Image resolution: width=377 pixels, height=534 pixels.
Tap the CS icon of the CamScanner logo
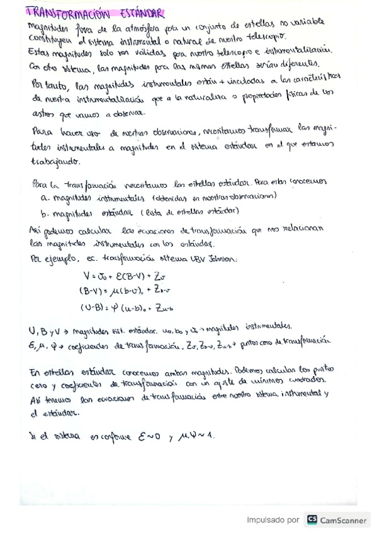click(x=312, y=520)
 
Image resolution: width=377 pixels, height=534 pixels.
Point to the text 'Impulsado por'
click(x=273, y=520)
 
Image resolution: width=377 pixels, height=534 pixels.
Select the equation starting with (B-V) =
click(x=125, y=291)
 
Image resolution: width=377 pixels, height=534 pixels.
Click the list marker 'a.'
click(x=44, y=196)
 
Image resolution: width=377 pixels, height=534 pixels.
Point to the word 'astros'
click(x=42, y=113)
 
